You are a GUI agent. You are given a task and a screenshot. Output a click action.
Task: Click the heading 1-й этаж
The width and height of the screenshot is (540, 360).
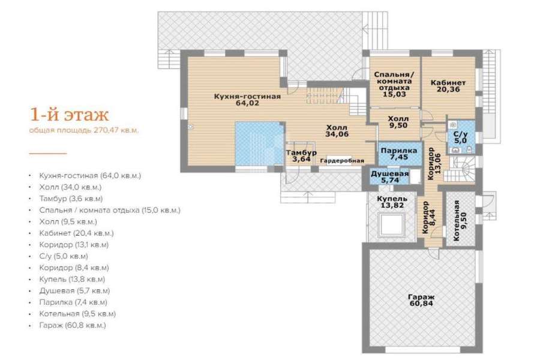[x=70, y=115]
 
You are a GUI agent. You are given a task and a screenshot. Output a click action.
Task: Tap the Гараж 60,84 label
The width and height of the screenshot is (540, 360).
[x=421, y=300]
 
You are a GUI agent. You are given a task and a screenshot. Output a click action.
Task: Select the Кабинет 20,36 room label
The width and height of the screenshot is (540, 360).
[x=448, y=86]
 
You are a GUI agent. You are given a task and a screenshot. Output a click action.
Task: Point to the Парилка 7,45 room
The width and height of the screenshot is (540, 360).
[x=399, y=154]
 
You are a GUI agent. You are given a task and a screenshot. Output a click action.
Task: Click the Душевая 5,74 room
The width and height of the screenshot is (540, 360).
[x=390, y=177]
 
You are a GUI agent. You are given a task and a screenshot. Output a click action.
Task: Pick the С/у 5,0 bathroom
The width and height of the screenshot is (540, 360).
[x=460, y=137]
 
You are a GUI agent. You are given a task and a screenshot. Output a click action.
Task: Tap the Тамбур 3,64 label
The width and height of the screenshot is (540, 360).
[x=301, y=156]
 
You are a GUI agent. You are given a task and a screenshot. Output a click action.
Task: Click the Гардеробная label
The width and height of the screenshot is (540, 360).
[x=342, y=161]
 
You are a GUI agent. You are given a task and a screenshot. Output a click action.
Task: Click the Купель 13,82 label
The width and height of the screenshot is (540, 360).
[x=392, y=202]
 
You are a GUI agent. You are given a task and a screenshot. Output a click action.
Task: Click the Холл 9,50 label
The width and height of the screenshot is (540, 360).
[x=398, y=122]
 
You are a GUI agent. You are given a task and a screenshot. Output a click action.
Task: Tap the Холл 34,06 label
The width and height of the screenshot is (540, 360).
[x=337, y=131]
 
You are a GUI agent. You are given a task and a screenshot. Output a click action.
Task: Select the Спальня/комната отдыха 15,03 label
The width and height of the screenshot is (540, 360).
[x=394, y=85]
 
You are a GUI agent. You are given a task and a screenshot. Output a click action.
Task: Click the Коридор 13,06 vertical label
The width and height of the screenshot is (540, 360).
[x=434, y=164]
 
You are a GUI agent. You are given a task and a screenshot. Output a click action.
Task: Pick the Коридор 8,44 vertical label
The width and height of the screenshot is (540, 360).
[x=428, y=217]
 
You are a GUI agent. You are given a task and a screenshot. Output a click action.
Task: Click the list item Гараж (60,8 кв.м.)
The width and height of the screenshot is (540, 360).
[x=73, y=325]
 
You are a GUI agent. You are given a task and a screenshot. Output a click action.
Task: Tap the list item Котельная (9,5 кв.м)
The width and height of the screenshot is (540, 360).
[x=77, y=314]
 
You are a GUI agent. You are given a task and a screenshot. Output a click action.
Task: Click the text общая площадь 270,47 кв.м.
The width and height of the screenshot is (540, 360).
[x=83, y=130]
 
